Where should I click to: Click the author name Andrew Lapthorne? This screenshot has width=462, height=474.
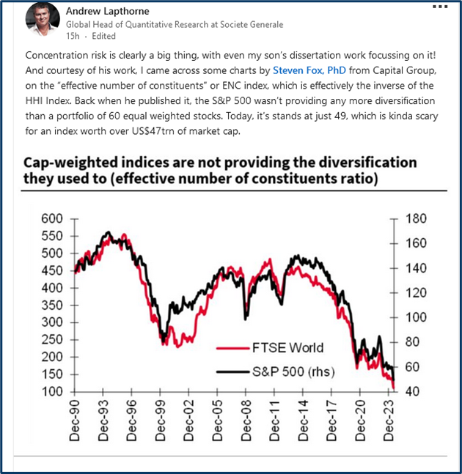tap(108, 12)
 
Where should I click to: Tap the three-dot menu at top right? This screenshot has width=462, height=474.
tap(439, 7)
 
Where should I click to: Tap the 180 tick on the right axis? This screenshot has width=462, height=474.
tap(416, 218)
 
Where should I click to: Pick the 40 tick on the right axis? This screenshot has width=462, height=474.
tap(413, 391)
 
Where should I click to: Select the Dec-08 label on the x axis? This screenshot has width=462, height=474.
tap(246, 422)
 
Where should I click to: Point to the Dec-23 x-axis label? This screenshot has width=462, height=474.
tap(386, 422)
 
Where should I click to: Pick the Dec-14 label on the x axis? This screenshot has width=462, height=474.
tap(302, 422)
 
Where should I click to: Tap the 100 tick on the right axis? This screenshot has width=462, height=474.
tap(416, 317)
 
